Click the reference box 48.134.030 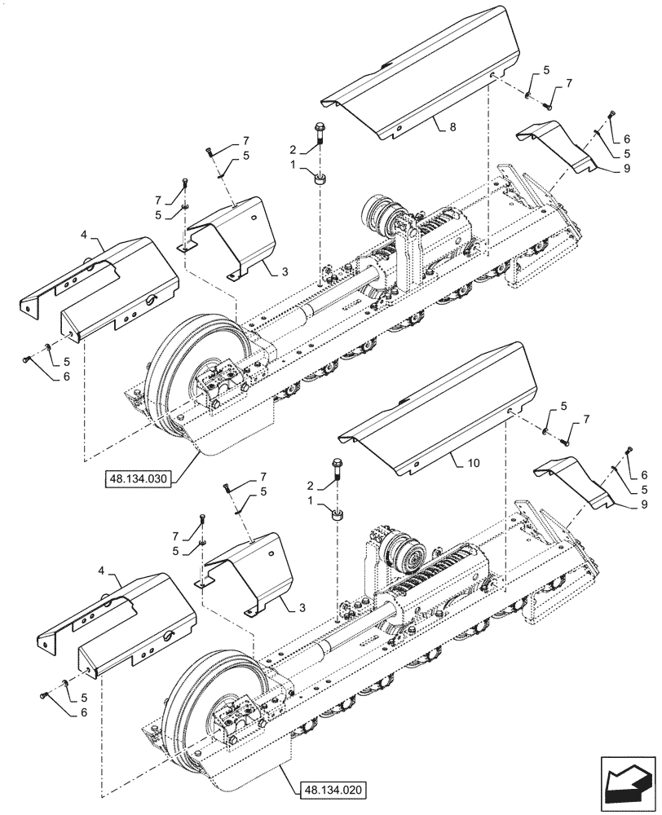pos(138,479)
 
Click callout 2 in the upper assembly pos(290,149)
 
